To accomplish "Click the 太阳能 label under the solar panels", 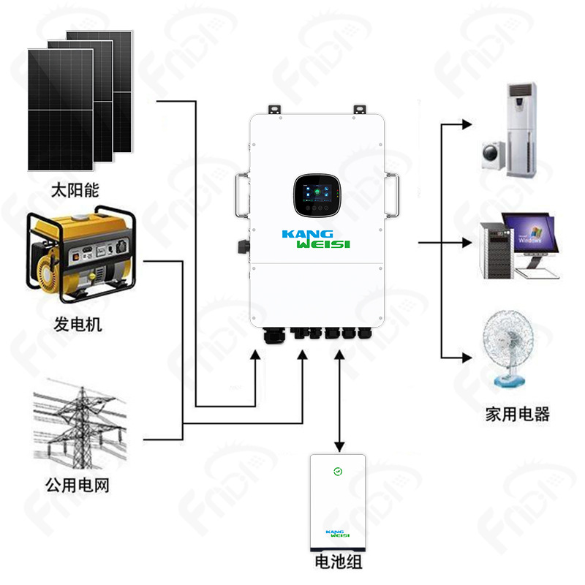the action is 74,191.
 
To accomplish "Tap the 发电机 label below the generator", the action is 78,324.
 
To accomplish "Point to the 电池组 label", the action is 338,562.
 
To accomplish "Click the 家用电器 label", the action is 517,414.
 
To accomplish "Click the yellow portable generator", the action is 79,257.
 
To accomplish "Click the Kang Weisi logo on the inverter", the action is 317,239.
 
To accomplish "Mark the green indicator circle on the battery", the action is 337,472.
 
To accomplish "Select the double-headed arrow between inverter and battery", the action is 339,399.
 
